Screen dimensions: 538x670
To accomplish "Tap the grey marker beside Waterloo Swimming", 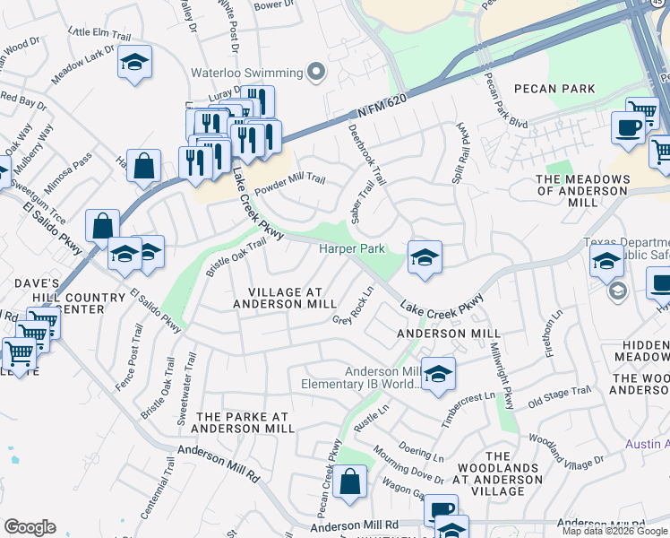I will pos(315,72).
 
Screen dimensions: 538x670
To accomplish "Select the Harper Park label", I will pos(352,247).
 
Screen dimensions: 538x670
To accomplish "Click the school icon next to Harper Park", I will pos(424,258).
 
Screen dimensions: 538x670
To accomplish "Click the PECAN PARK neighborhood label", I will pos(554,89).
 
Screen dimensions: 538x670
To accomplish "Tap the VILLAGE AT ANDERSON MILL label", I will pos(285,298).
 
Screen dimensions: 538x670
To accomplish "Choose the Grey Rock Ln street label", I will pos(353,307).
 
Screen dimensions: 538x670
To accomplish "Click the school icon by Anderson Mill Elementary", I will pos(438,375).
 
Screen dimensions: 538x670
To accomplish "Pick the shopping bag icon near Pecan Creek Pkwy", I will pos(351,482).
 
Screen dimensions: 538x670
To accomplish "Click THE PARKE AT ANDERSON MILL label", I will pos(245,422).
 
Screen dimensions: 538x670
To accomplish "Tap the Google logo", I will pos(30,527).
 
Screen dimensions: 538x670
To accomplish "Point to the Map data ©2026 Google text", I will pos(614,531).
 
